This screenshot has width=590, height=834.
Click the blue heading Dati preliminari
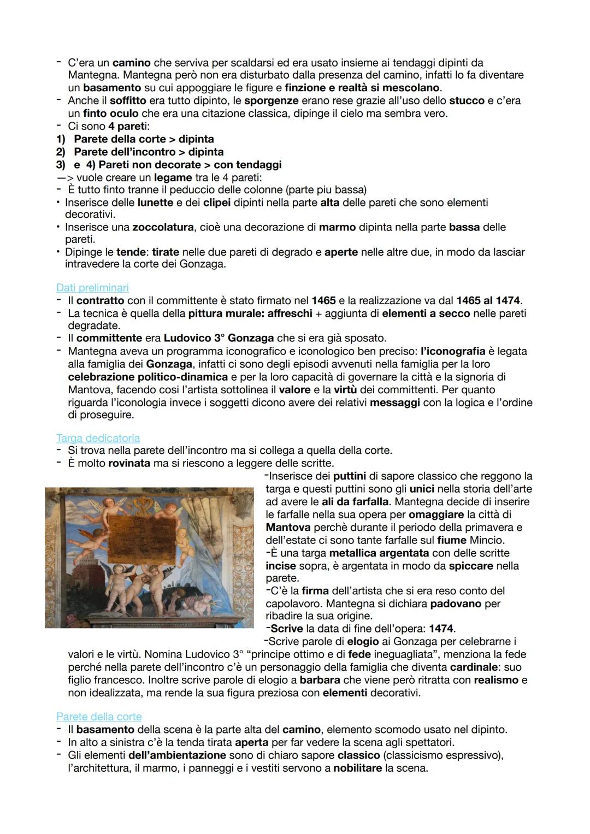(x=92, y=287)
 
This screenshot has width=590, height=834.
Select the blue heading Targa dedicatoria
(x=98, y=438)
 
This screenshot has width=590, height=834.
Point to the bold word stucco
(x=467, y=100)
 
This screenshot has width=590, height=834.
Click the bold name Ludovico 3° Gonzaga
(x=226, y=338)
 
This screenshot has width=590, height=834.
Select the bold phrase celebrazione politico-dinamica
(x=148, y=377)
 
